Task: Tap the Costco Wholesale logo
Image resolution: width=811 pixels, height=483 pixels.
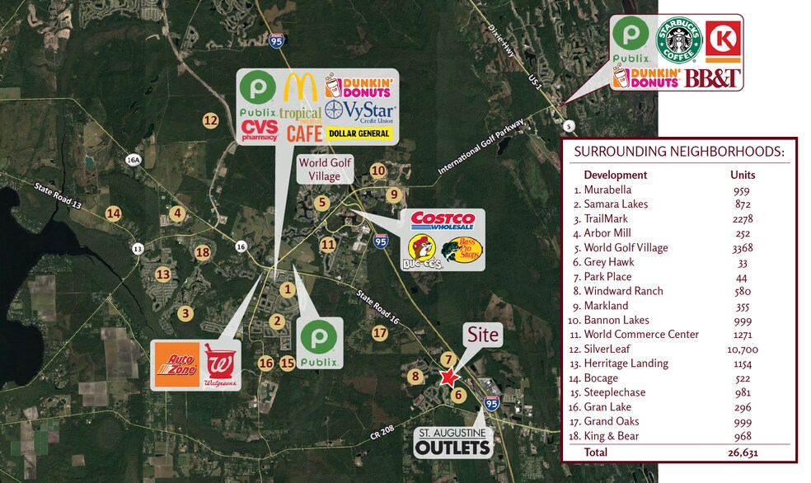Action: [x=443, y=221]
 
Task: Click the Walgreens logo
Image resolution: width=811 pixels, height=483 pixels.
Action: [x=219, y=365]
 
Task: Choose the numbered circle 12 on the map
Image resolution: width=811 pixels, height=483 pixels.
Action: [x=210, y=120]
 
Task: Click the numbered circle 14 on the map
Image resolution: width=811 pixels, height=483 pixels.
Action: [x=113, y=213]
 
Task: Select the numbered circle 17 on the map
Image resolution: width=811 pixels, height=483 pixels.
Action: [x=379, y=333]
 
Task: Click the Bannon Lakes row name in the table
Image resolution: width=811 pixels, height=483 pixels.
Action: [x=616, y=320]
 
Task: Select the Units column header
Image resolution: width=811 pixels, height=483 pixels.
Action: [x=743, y=175]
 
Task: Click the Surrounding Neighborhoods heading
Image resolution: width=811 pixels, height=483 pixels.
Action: [x=678, y=151]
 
